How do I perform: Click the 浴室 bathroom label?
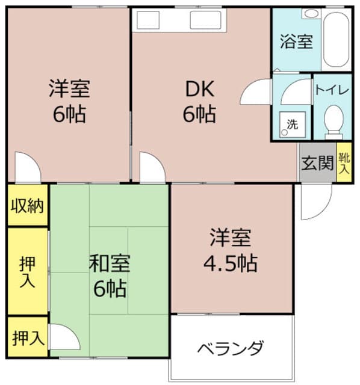coord(296,42)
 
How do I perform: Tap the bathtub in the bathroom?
coord(336,39)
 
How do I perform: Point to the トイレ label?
coord(332,90)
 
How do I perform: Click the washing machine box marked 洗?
coord(293,125)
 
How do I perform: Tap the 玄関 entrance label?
coord(317,163)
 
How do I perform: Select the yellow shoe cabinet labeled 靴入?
coord(344,162)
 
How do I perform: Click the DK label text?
coord(200,89)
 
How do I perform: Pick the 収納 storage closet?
coord(28,205)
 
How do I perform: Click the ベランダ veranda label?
coord(231,348)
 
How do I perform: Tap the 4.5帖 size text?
coord(231,263)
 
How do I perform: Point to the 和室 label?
coord(110,263)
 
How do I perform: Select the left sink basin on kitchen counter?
coord(148,20)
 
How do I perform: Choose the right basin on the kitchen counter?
coord(205,20)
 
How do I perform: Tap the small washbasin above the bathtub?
coord(312,13)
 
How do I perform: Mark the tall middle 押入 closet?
coord(28,271)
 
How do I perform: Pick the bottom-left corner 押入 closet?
coord(28,337)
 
